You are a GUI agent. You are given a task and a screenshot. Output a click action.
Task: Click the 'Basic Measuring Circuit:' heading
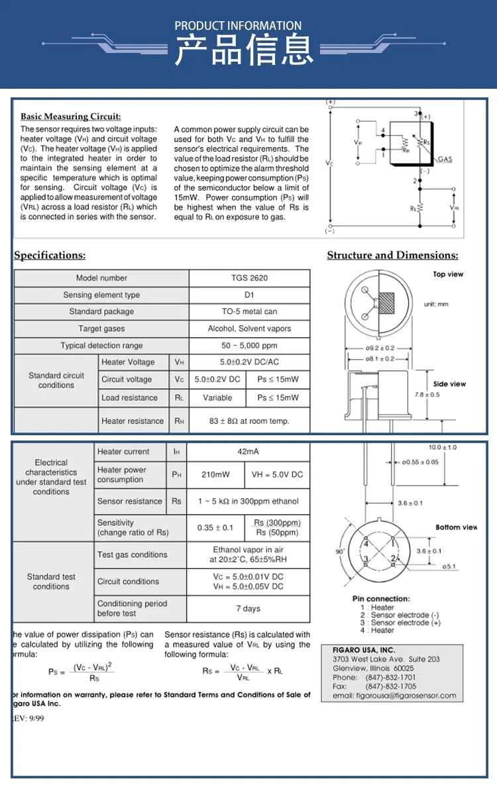[x=71, y=117]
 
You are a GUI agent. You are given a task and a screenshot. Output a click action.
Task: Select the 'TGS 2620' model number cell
[x=249, y=278]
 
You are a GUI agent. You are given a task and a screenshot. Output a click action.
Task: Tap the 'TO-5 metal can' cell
[x=249, y=312]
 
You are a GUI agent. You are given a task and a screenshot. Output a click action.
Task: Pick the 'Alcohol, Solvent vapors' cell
[x=249, y=329]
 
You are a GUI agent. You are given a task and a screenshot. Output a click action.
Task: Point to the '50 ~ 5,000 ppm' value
[x=249, y=346]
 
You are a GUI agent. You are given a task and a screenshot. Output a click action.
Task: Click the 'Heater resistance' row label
[x=132, y=421]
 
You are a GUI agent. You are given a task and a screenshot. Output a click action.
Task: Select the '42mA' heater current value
[x=248, y=452]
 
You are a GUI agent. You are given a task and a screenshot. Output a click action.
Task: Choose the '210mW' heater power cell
[x=215, y=475]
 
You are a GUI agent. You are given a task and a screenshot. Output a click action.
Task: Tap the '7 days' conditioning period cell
[x=248, y=609]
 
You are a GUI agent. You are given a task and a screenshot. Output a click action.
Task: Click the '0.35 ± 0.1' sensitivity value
[x=215, y=528]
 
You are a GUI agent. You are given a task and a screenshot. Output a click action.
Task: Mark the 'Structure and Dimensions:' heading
[x=392, y=256]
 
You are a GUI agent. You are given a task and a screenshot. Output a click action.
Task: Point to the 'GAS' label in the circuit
[x=445, y=160]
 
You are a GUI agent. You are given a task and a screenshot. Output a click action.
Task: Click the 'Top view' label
[x=449, y=274]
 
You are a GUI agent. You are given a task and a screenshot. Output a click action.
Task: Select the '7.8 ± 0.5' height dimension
[x=427, y=395]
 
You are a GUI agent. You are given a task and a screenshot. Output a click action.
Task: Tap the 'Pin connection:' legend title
[x=381, y=599]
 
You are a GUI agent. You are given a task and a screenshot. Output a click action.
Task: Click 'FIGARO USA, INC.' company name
[x=364, y=650]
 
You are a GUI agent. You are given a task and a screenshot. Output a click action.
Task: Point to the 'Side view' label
[x=449, y=384]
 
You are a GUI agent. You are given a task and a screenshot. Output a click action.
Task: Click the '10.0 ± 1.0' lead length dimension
[x=443, y=448]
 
